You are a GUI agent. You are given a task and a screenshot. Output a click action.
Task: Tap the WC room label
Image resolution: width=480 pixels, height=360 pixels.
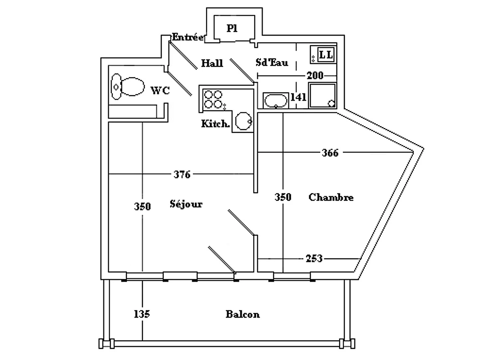[160, 91]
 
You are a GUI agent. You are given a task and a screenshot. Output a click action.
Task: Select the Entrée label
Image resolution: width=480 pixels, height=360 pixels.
[188, 37]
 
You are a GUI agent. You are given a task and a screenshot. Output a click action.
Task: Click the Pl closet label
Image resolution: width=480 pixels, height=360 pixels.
[232, 28]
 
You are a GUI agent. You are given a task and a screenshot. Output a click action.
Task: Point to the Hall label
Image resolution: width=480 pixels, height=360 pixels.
[212, 63]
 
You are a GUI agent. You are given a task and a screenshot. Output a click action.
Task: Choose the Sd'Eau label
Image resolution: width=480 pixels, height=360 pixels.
[272, 63]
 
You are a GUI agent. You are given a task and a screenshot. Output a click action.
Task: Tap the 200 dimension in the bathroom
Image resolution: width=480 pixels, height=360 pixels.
[315, 76]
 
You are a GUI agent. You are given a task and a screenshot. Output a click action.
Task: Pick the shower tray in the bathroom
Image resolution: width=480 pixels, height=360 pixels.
[322, 95]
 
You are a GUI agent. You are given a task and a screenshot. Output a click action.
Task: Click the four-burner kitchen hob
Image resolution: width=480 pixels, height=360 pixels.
[213, 100]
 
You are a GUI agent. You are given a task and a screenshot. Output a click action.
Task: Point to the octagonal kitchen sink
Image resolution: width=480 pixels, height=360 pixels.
[243, 121]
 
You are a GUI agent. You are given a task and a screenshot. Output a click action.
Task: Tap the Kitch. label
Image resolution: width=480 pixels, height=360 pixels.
[216, 124]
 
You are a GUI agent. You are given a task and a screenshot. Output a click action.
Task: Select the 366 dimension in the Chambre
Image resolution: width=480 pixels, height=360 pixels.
[330, 153]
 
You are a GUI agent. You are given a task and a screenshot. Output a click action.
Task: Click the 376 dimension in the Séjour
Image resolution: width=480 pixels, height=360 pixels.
[182, 174]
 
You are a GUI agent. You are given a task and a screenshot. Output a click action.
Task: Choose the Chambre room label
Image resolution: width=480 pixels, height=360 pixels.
[331, 197]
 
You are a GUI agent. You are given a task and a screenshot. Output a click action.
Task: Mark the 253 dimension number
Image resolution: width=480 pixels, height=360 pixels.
[314, 259]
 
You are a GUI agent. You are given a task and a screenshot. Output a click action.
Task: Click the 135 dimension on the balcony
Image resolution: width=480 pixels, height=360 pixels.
[142, 314]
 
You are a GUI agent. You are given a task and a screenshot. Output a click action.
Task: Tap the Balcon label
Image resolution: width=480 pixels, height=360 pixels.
[242, 314]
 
